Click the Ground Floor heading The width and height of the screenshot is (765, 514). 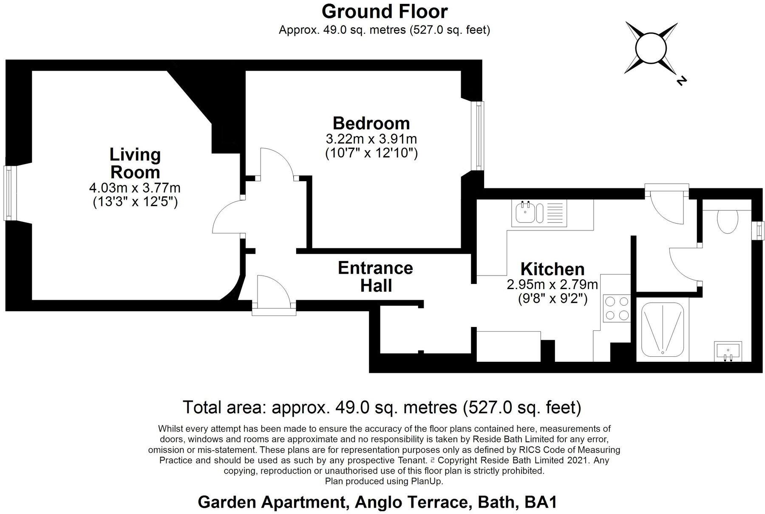point(384,11)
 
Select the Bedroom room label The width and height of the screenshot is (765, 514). point(371,123)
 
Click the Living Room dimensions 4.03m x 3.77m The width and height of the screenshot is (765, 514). point(135,187)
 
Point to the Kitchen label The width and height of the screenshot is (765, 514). point(552,269)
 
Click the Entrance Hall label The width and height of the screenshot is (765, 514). point(376,277)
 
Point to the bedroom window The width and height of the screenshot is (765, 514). point(479,136)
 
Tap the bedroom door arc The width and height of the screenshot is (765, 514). point(276,162)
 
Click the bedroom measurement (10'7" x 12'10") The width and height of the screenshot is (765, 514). point(371,153)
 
